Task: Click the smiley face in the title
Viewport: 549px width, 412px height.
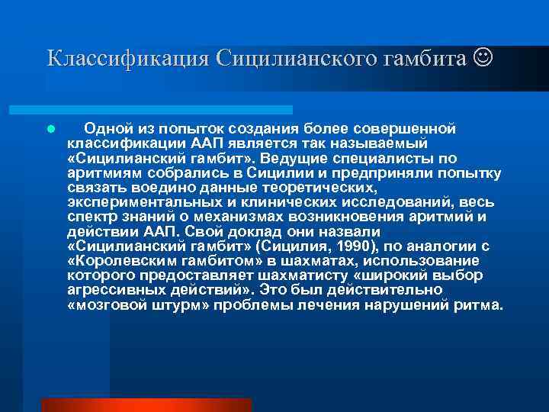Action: (x=482, y=58)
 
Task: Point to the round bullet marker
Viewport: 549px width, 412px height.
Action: (x=50, y=130)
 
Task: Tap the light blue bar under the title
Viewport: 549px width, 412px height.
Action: (x=168, y=110)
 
